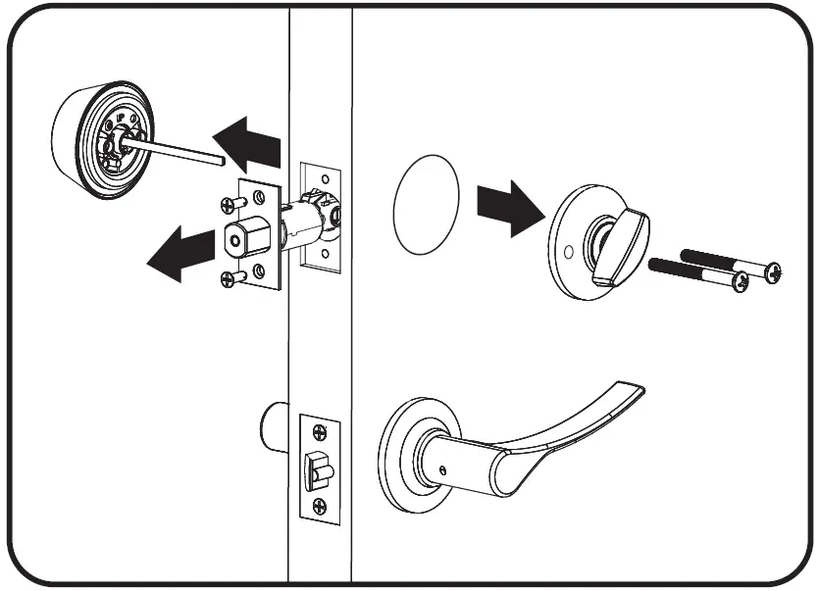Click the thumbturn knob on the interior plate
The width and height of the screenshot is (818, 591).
(625, 232)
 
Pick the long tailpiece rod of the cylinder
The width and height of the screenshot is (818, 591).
(180, 147)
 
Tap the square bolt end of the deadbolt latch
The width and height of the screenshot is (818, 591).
(241, 238)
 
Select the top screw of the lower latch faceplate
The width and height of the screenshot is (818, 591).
(319, 430)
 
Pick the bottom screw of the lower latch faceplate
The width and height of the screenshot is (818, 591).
(319, 506)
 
